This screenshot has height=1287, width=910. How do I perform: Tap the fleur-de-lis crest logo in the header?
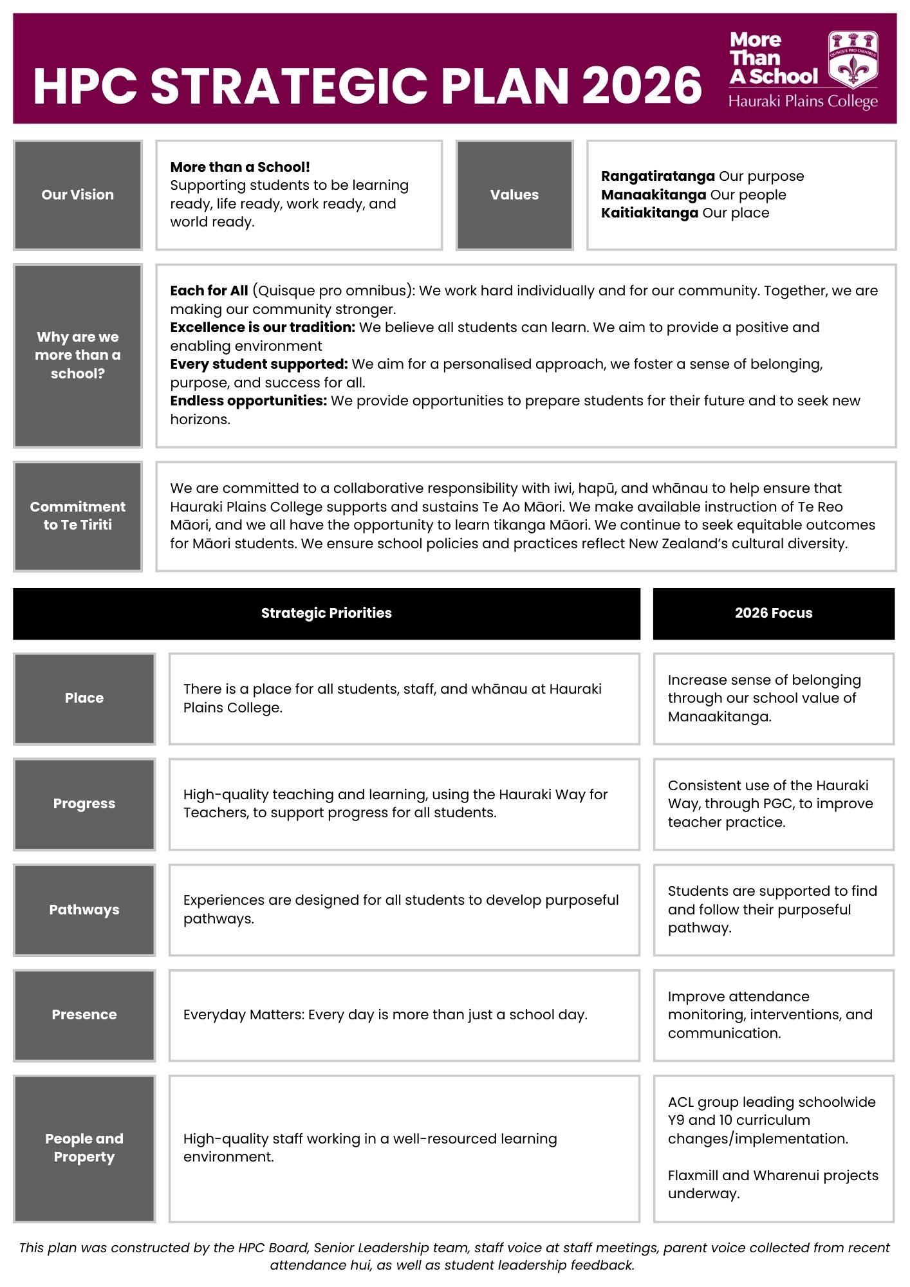coord(853,59)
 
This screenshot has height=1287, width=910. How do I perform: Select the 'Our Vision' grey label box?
coord(78,195)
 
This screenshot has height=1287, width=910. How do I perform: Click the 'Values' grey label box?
coord(514,195)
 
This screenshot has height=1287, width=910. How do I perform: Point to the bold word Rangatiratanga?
coord(657,176)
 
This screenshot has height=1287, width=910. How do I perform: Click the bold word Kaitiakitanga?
coord(649,213)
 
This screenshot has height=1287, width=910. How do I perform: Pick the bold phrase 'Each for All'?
coord(209,291)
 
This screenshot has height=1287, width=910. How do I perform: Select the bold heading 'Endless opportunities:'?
coord(248,401)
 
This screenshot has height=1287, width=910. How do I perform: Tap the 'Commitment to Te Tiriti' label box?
coord(78,516)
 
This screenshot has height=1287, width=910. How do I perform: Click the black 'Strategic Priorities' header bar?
coord(326,613)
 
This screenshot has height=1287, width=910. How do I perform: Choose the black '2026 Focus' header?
coord(774,613)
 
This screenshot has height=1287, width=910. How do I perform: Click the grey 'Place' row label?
coord(84,698)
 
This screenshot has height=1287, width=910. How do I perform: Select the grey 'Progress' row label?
coord(84,804)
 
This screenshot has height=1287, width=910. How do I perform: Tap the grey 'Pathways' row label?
coord(84,910)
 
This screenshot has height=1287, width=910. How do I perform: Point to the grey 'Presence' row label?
coord(84,1015)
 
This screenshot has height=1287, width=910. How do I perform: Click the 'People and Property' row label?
coord(84,1148)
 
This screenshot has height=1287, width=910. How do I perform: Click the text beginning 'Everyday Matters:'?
coord(385,1015)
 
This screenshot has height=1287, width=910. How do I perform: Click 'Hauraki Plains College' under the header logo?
coord(803,102)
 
